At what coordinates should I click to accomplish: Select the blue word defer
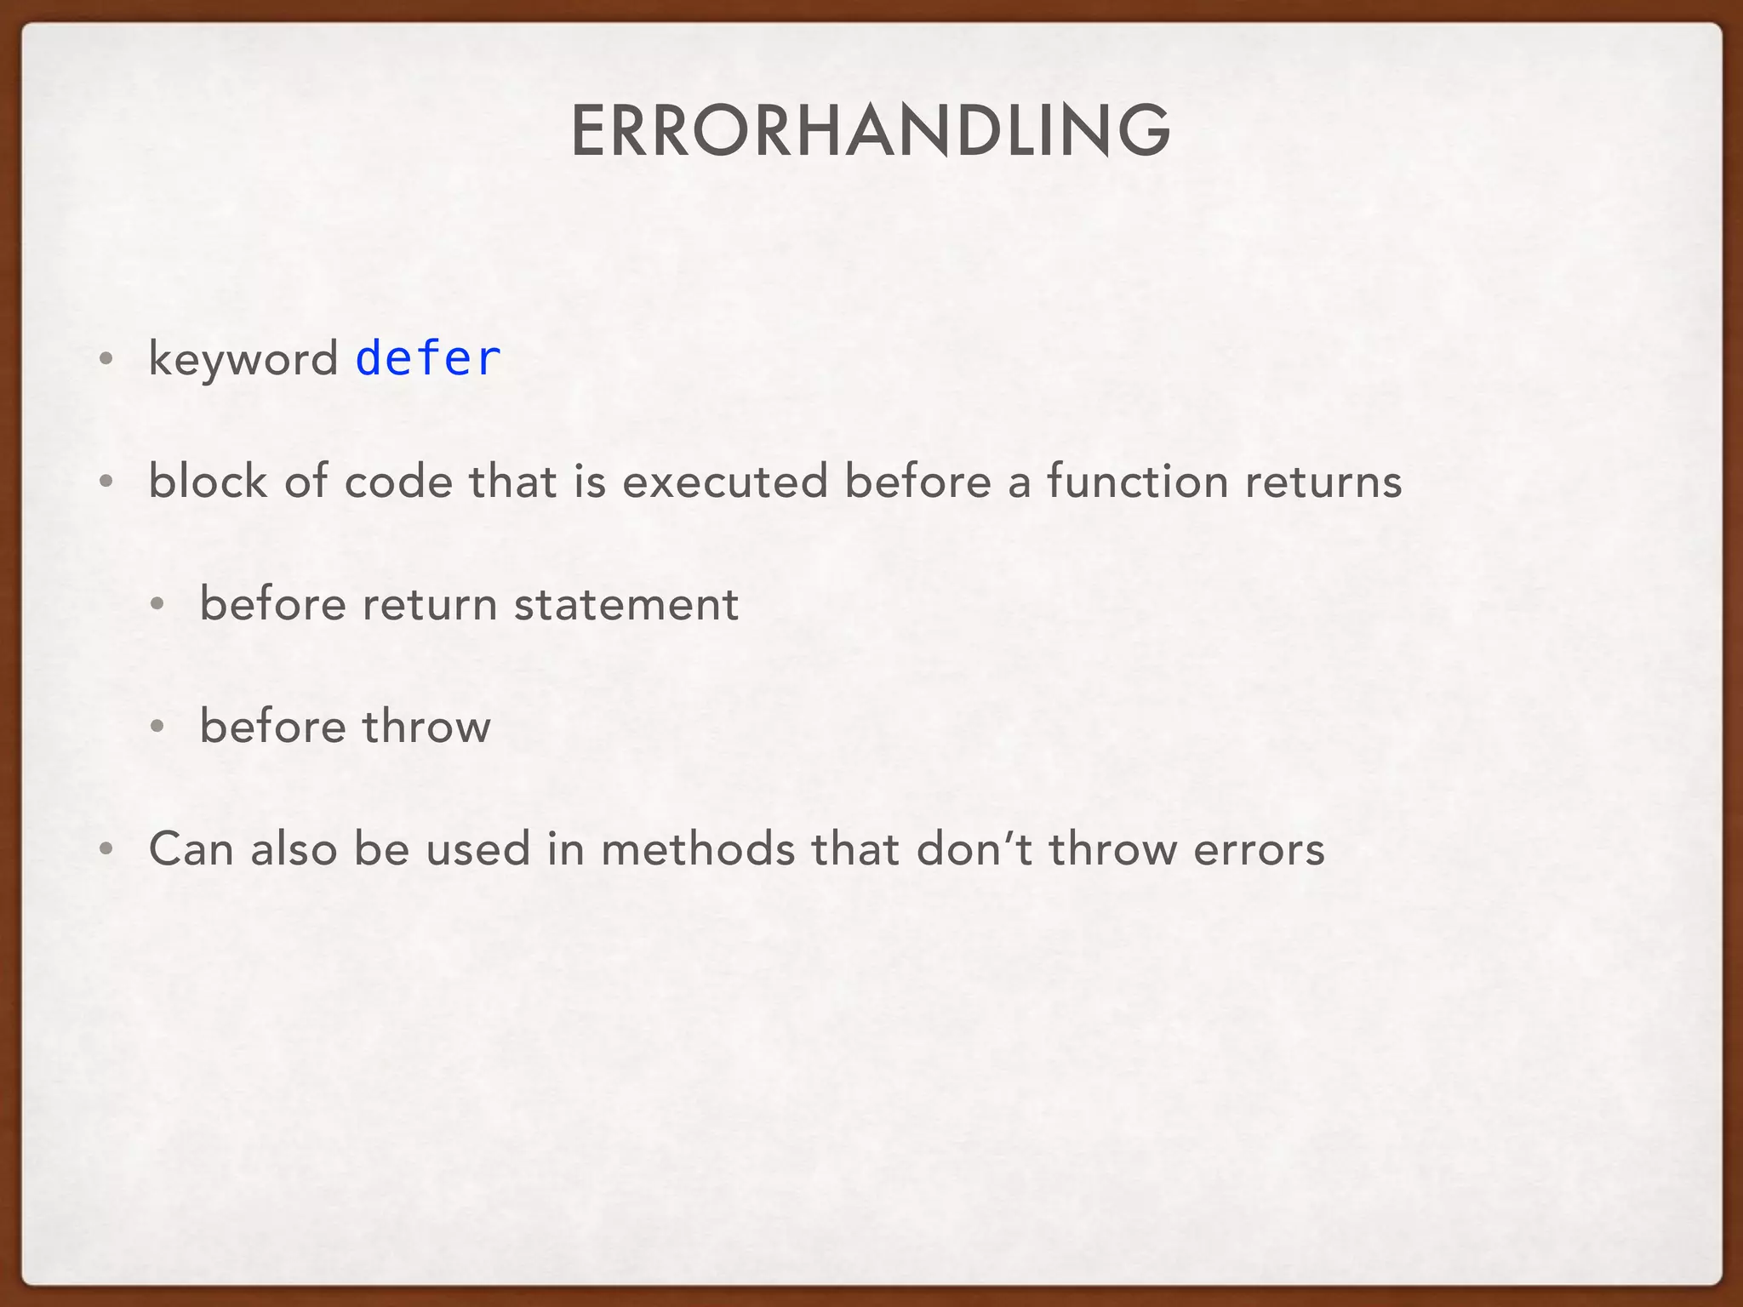point(427,358)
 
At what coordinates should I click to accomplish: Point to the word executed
point(725,482)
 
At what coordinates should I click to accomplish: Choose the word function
point(1137,481)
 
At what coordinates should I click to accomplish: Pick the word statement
point(626,604)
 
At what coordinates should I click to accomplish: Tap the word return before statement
point(430,604)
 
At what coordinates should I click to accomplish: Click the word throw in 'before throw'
point(426,727)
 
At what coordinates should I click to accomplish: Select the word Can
point(191,849)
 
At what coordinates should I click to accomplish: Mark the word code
point(397,482)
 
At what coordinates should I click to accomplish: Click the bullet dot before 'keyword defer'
point(106,360)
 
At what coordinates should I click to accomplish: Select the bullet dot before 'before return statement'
point(157,605)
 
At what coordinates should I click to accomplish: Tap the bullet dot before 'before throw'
point(157,728)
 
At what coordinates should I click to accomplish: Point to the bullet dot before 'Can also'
point(106,850)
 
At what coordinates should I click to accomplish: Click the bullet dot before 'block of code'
point(106,482)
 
